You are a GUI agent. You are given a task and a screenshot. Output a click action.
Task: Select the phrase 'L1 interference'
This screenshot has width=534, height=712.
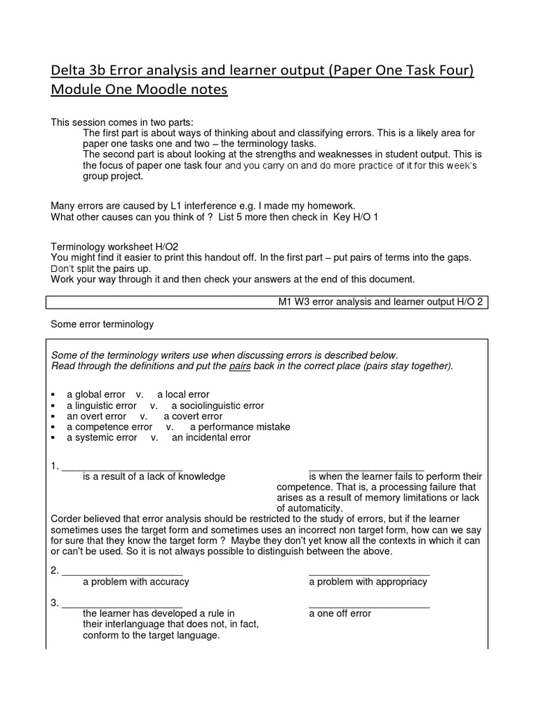point(203,206)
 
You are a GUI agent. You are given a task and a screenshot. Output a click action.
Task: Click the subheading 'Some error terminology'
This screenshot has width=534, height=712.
point(102,324)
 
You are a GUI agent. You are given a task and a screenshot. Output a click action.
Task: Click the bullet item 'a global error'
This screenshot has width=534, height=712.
point(96,394)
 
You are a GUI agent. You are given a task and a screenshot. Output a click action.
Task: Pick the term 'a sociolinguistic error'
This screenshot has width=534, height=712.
point(218,405)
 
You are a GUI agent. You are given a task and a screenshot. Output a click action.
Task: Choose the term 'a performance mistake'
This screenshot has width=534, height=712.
point(240,427)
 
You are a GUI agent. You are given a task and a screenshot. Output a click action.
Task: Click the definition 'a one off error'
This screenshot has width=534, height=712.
point(340,613)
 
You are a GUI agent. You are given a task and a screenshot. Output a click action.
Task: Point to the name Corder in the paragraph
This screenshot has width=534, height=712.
point(67,519)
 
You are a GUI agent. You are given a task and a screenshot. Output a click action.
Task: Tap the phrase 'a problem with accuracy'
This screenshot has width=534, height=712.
point(136,581)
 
